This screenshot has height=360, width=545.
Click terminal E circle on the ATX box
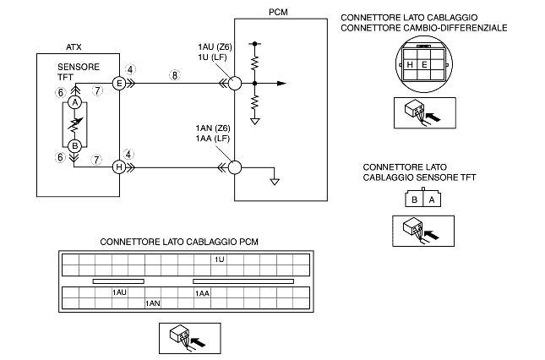tap(119, 84)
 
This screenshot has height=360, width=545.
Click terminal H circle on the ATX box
tap(119, 167)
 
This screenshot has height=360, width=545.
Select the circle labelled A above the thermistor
tap(74, 103)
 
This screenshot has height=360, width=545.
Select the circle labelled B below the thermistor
tap(74, 146)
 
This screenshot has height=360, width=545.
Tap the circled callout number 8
tap(174, 75)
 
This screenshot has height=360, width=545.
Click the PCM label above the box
tap(278, 12)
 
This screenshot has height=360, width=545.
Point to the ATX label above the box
tap(74, 47)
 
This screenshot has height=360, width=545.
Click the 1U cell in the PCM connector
tap(219, 259)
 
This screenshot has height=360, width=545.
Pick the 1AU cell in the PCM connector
tap(120, 292)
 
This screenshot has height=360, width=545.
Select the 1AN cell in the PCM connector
tap(153, 303)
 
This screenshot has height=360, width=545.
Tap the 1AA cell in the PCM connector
tap(202, 293)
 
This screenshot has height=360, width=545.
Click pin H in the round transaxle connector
tap(410, 64)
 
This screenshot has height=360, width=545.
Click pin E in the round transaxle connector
tap(423, 64)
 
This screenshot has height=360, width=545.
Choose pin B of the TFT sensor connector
tap(414, 200)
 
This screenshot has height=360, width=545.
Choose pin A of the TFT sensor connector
tap(432, 200)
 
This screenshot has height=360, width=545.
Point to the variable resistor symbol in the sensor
tap(75, 124)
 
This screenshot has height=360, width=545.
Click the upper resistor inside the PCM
tap(255, 63)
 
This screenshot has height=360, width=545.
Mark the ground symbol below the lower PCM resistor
tap(255, 122)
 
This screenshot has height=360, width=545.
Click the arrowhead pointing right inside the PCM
tap(281, 84)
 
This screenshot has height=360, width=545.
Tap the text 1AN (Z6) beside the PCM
tap(213, 128)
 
